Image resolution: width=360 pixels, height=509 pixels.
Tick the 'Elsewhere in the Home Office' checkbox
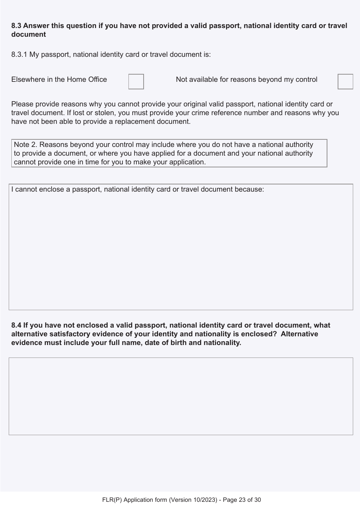136,81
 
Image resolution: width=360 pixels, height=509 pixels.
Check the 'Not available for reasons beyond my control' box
345,81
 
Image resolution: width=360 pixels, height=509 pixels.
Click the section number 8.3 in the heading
16,26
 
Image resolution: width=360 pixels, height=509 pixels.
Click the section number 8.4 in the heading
16,325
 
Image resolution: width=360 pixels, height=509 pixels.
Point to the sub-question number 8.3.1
19,55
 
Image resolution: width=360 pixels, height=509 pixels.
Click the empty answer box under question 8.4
181,396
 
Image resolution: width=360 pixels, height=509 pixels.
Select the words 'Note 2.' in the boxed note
25,145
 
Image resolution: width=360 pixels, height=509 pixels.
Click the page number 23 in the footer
243,500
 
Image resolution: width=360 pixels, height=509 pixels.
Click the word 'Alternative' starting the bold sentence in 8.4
299,334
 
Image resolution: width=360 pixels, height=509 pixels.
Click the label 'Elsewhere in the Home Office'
59,80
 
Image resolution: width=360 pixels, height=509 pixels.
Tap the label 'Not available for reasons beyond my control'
246,80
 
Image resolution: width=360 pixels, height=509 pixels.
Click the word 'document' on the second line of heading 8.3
28,34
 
